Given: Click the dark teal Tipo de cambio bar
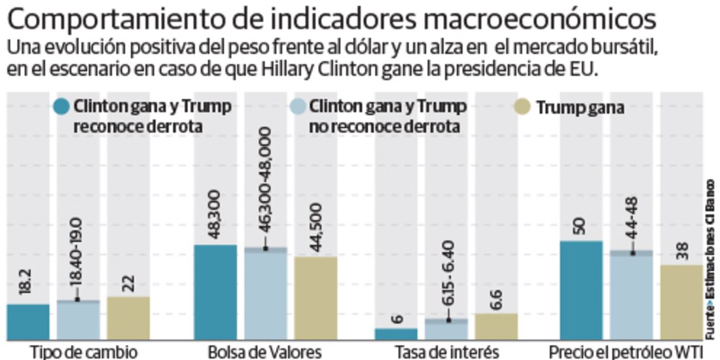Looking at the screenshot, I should (28, 322).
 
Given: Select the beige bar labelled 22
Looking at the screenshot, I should (128, 319).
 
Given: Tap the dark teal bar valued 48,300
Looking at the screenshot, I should (216, 293).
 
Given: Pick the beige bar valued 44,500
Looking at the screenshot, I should (315, 298).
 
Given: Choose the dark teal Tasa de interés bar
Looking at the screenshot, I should (396, 334).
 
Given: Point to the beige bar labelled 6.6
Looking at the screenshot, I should (496, 327).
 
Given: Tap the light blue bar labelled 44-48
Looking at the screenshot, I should (632, 296).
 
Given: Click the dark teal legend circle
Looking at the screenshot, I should (62, 107).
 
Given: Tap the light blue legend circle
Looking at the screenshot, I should (298, 107).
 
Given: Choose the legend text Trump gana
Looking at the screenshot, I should (580, 108).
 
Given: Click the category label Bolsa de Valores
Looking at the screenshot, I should (264, 352).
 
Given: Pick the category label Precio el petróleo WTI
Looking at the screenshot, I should (625, 352).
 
